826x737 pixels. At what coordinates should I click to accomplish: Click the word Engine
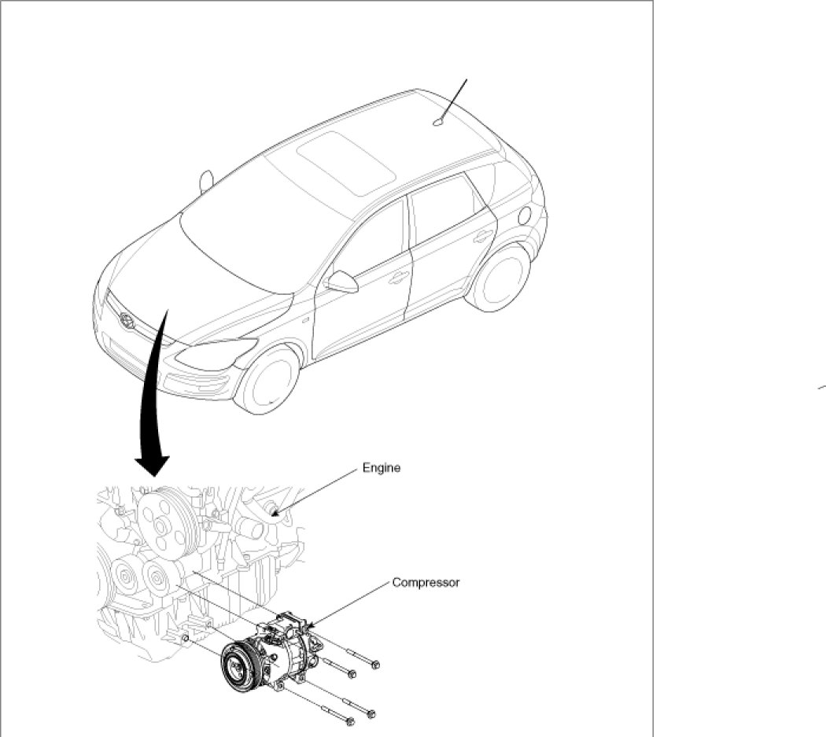(x=382, y=468)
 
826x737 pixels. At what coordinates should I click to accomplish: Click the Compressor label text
(x=426, y=583)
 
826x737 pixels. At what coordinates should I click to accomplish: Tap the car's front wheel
(x=269, y=380)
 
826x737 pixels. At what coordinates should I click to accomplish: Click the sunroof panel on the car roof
(x=347, y=164)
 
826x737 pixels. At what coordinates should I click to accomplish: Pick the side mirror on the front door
(x=343, y=282)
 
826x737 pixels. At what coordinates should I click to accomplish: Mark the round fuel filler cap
(x=525, y=214)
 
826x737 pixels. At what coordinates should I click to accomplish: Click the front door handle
(x=399, y=277)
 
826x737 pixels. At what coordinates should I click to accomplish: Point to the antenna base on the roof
(x=437, y=122)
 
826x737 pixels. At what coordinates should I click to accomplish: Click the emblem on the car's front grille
(x=125, y=319)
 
